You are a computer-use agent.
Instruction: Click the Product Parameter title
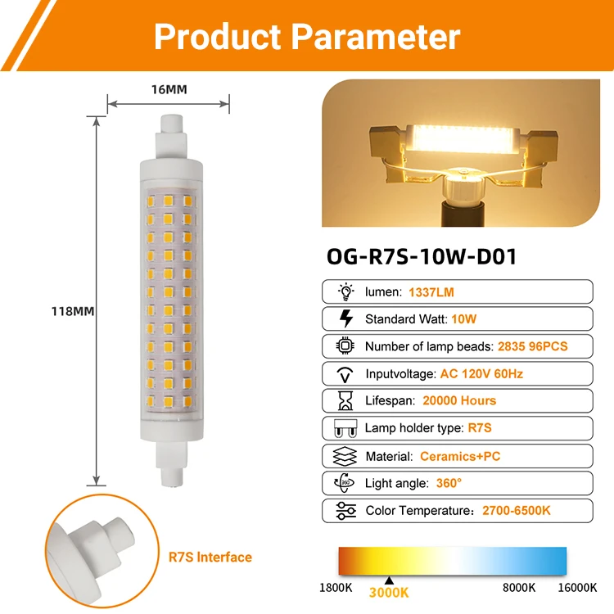(x=307, y=37)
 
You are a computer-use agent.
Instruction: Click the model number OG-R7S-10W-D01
(x=422, y=256)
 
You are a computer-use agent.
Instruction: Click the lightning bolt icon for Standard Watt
(x=345, y=319)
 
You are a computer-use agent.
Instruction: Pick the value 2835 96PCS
(x=532, y=346)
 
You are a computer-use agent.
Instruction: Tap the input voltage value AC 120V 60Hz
(x=481, y=373)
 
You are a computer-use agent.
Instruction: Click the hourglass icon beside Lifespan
(x=345, y=400)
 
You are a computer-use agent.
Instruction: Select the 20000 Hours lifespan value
(x=459, y=400)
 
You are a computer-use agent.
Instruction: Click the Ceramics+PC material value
(x=461, y=456)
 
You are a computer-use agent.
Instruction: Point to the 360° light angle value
(x=449, y=483)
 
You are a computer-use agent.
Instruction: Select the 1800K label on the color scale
(x=337, y=587)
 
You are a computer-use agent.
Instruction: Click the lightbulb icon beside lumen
(x=345, y=291)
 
